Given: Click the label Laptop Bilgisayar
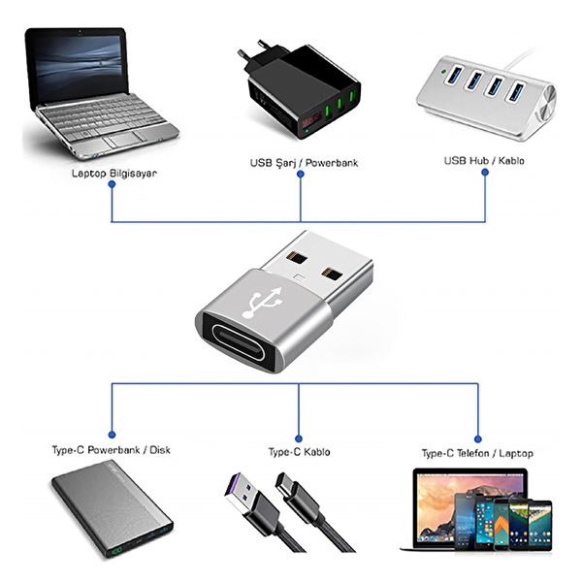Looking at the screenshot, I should [113, 174].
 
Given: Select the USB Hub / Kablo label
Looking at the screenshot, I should [484, 160].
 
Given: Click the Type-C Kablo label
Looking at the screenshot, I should [299, 452].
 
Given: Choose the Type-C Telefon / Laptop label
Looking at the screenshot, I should [477, 453].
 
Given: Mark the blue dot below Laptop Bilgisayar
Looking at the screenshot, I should [113, 188].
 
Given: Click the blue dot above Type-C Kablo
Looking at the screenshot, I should [299, 437].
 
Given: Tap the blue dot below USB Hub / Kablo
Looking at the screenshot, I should [484, 175].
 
